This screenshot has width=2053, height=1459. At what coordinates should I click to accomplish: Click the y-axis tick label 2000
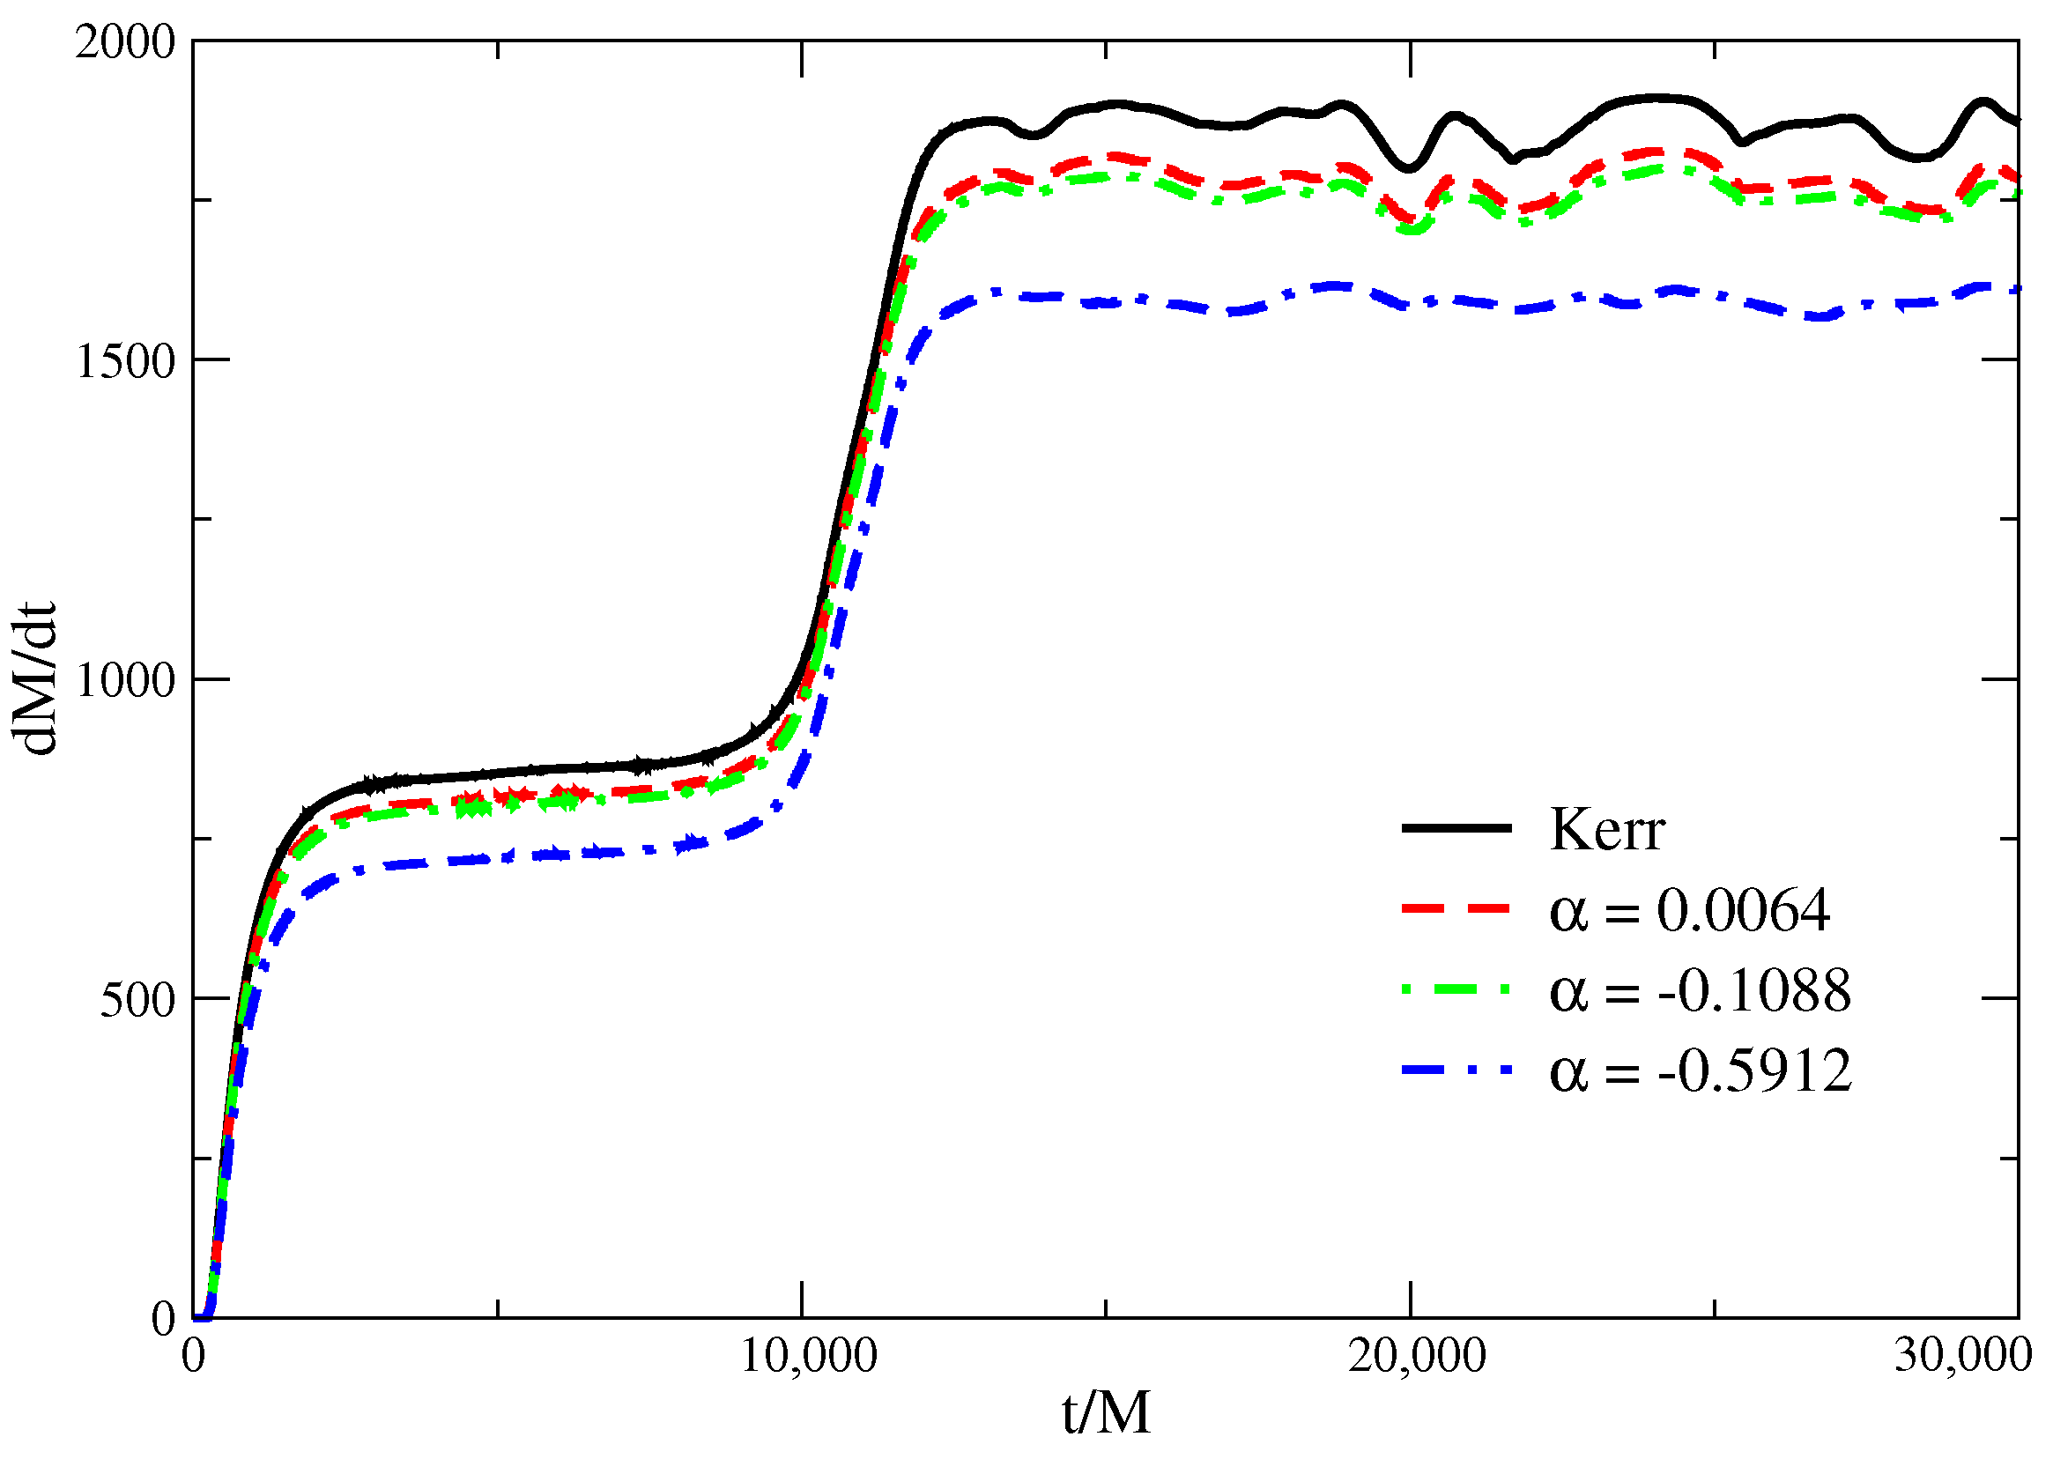coord(125,42)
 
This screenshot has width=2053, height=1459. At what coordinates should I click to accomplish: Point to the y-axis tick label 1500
coord(125,362)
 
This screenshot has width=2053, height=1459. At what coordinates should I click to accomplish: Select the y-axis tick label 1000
coord(125,680)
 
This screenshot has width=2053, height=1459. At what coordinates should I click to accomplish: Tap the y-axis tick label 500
coord(137,999)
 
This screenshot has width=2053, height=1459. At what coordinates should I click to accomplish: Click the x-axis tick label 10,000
coord(808,1356)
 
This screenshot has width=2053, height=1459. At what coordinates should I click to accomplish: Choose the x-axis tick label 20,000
coord(1417,1356)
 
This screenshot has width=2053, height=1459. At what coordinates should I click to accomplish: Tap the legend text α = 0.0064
coord(1689,910)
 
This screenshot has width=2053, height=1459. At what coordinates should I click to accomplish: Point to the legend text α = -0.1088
coord(1700,991)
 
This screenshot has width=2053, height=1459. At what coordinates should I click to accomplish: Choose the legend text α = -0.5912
coord(1700,1070)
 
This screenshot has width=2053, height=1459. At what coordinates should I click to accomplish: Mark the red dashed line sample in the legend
coord(1456,909)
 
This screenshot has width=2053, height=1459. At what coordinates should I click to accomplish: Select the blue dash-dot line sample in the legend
coord(1456,1070)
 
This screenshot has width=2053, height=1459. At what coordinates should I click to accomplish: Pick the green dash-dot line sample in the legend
coord(1456,989)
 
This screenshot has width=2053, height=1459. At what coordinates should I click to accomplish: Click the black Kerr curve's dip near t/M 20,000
coord(1410,167)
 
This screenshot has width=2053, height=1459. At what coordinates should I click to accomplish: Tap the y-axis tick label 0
coord(164,1320)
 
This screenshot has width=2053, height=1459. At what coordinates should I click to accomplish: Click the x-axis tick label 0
coord(193,1356)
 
